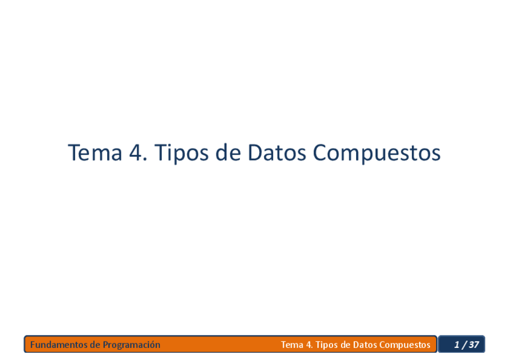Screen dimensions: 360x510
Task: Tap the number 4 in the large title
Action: point(135,153)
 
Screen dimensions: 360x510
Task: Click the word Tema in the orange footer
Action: point(292,345)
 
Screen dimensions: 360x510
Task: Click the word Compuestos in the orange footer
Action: point(405,345)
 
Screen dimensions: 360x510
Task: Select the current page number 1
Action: point(457,345)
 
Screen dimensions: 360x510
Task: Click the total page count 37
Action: point(474,345)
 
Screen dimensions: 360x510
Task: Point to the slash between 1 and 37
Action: point(464,345)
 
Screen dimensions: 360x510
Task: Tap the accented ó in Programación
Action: point(152,345)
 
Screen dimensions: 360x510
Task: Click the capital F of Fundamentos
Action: point(32,345)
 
